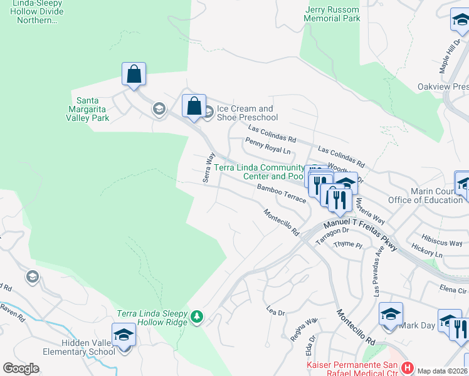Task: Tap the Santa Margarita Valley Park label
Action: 92,109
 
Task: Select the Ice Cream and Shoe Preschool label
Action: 247,113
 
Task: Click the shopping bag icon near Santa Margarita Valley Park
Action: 134,74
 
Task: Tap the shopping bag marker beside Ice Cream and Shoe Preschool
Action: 194,105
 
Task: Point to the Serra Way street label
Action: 209,167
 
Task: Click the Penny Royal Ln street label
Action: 268,147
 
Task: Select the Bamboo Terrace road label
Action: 281,192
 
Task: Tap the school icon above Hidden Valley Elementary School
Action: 124,335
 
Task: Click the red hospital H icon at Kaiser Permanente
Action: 408,367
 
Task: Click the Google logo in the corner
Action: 21,368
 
